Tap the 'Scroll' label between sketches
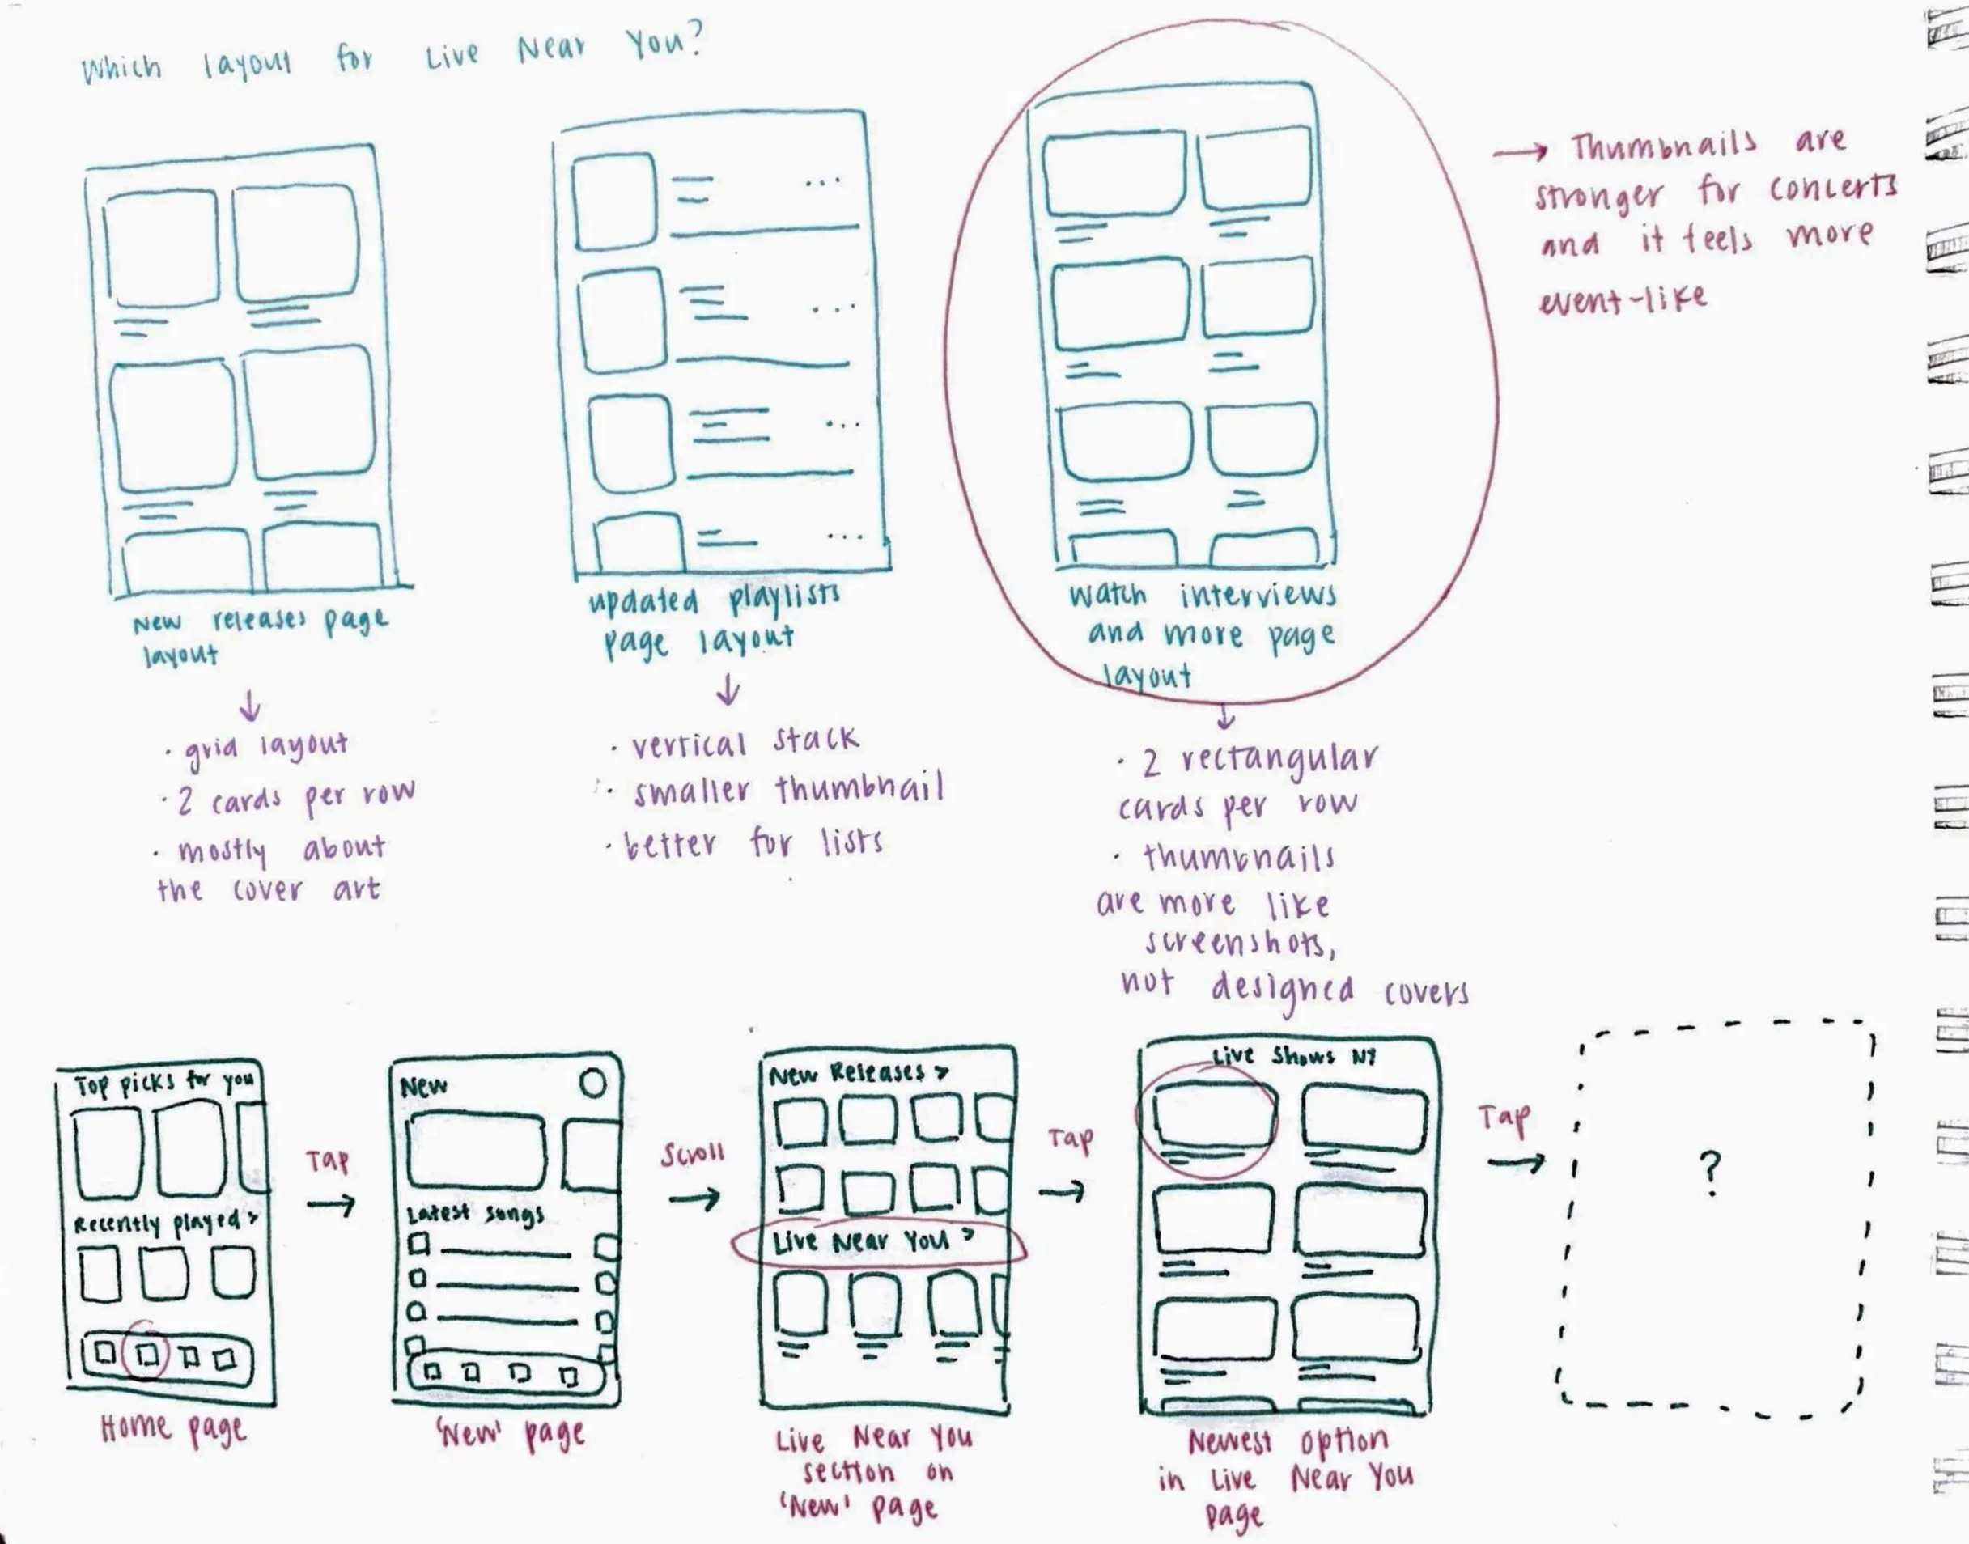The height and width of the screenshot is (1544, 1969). point(693,1155)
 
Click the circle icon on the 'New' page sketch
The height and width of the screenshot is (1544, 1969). point(593,1083)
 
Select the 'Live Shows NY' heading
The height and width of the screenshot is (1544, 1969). point(1294,1056)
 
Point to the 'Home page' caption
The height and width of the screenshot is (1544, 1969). point(172,1429)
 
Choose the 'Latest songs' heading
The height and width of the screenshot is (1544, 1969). point(474,1214)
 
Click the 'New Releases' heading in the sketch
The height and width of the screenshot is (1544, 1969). point(857,1073)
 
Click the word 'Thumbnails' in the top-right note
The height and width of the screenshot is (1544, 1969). point(1663,145)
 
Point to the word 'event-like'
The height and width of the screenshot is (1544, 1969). point(1623,299)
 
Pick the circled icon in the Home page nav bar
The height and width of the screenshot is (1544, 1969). point(148,1353)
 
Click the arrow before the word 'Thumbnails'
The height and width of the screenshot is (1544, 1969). point(1520,153)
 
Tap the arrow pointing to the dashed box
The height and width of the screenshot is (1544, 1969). point(1516,1163)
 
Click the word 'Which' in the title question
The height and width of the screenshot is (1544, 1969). point(121,69)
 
